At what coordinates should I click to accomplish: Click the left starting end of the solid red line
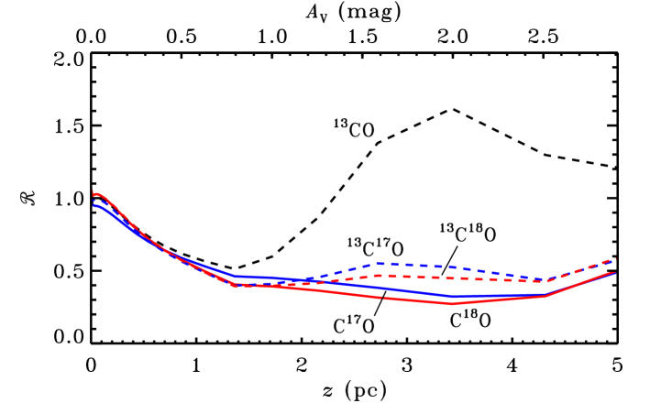(x=94, y=194)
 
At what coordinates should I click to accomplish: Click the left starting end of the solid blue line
(x=94, y=205)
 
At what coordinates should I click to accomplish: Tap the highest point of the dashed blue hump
(x=380, y=263)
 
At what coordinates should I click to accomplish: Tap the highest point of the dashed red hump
(x=379, y=275)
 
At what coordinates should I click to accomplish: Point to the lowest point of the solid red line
(x=452, y=303)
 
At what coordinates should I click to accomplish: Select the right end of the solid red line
(x=614, y=273)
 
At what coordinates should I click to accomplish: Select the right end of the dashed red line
(x=615, y=259)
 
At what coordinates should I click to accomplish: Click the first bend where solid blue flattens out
(x=236, y=276)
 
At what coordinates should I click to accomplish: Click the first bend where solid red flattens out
(x=235, y=285)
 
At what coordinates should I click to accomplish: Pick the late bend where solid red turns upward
(x=546, y=296)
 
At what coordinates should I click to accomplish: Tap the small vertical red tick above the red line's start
(x=94, y=190)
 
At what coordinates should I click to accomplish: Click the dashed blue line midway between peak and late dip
(x=463, y=268)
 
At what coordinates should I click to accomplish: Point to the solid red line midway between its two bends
(x=390, y=298)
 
